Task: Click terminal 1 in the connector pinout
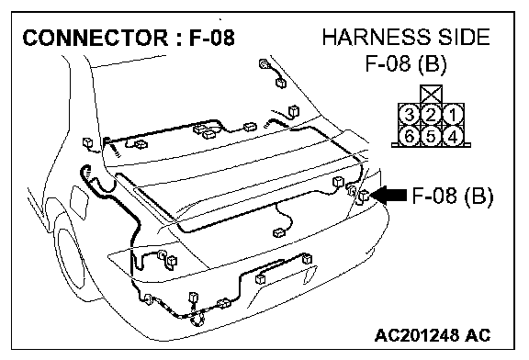pyautogui.click(x=453, y=115)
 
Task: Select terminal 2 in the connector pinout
pyautogui.click(x=431, y=115)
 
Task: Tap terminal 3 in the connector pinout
pyautogui.click(x=410, y=115)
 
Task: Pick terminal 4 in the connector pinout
pyautogui.click(x=453, y=136)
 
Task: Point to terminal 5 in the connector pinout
pyautogui.click(x=431, y=136)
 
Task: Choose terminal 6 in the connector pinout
pyautogui.click(x=410, y=136)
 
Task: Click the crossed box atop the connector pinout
pyautogui.click(x=431, y=95)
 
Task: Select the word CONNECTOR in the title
pyautogui.click(x=96, y=38)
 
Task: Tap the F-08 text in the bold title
pyautogui.click(x=211, y=38)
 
